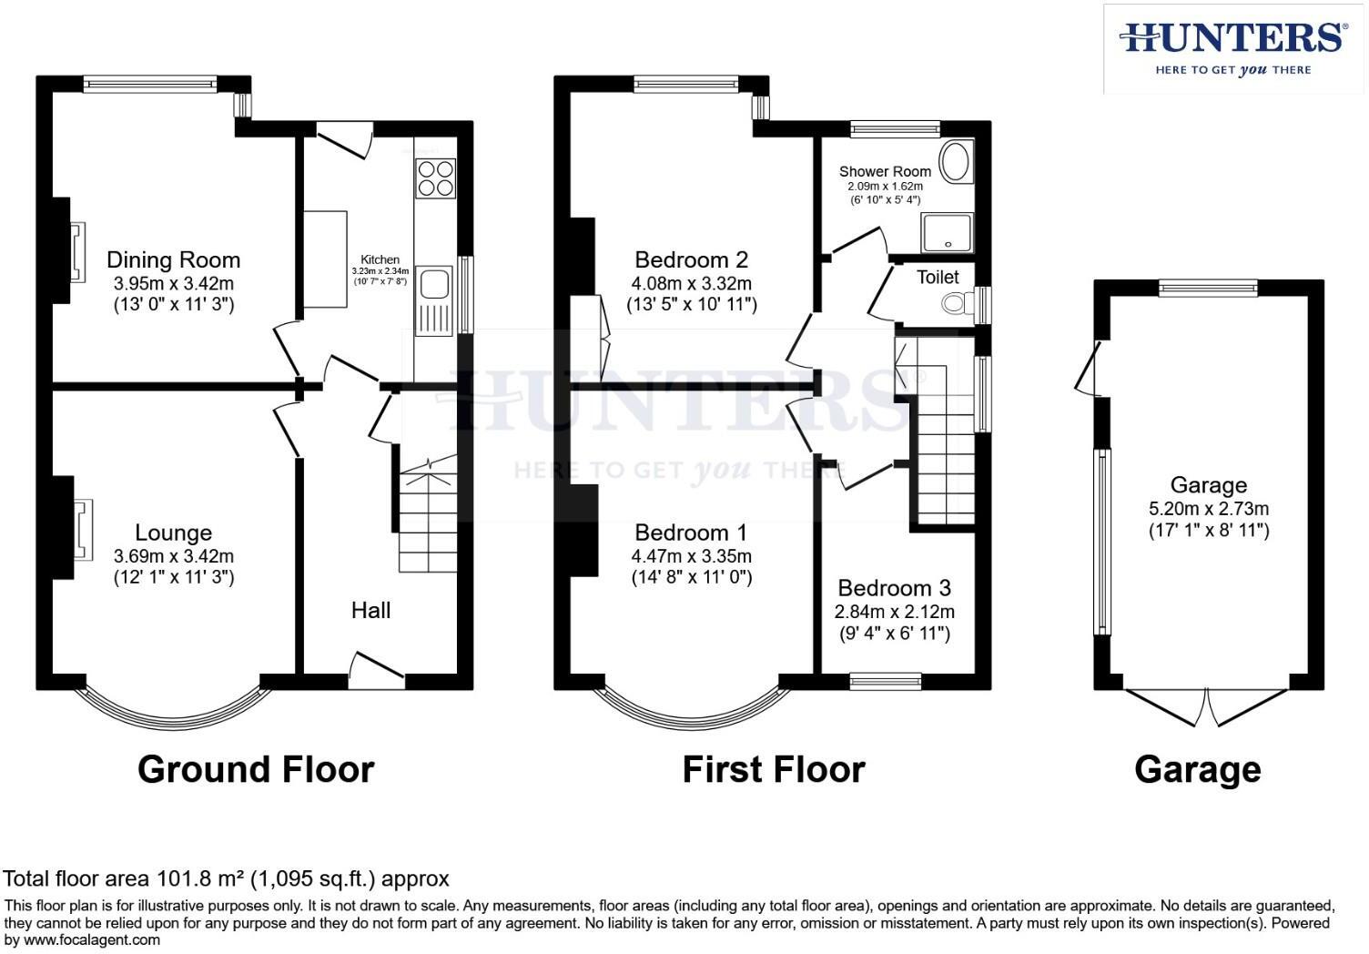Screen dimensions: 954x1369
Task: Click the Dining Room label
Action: (x=173, y=260)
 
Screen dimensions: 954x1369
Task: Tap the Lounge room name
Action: (x=173, y=533)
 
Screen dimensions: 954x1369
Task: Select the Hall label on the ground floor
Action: (x=370, y=610)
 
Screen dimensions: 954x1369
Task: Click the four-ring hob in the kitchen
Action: (x=435, y=178)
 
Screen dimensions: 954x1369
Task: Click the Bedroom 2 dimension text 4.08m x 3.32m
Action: (x=692, y=283)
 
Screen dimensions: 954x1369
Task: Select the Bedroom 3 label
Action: (x=895, y=588)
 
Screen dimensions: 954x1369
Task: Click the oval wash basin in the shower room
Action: (x=955, y=163)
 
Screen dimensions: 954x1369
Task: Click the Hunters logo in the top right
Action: (x=1232, y=47)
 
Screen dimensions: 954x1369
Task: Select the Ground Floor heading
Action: (x=256, y=769)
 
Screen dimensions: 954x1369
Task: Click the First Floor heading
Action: (x=773, y=769)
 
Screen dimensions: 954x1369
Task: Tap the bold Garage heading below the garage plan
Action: (x=1197, y=769)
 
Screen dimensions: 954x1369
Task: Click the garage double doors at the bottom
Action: (x=1208, y=706)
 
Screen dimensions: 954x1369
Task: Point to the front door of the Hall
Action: (x=377, y=666)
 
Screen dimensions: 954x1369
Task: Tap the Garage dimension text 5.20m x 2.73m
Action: (x=1208, y=508)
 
